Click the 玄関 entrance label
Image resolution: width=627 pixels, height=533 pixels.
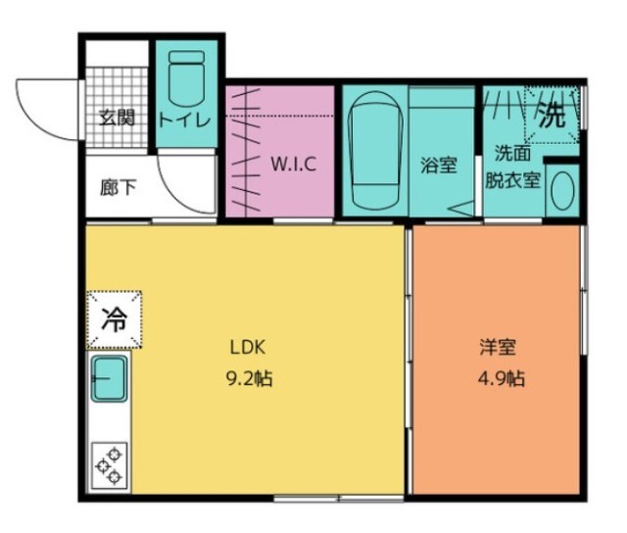coord(117,120)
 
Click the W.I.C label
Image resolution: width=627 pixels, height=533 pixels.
coord(293,164)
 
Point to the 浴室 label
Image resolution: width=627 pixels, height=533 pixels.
coord(439,165)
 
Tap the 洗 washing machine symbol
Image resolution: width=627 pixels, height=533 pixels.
coord(553,117)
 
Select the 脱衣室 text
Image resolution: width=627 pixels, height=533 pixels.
coord(514,180)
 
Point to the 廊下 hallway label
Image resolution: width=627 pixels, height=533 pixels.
coord(119,187)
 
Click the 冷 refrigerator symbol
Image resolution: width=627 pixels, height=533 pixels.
coord(114,319)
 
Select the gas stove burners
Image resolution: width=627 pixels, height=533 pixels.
coord(108,465)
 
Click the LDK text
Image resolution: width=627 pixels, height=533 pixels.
coord(249,346)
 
